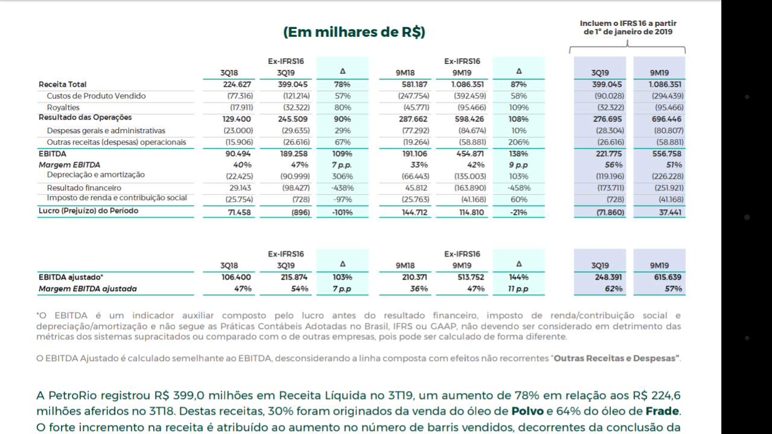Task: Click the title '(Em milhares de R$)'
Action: [354, 32]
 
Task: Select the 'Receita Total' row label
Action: [62, 84]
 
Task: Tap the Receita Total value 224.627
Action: [237, 84]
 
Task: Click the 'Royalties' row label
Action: [63, 107]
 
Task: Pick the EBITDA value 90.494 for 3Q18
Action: [238, 154]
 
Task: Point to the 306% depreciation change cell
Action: [342, 177]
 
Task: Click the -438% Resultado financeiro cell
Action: [342, 188]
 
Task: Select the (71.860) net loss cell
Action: [610, 213]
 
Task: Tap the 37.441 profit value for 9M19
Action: [670, 213]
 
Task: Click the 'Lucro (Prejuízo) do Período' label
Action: [88, 211]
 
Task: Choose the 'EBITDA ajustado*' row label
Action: [71, 277]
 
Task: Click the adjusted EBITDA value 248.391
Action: [609, 277]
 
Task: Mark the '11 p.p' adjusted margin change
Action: [518, 289]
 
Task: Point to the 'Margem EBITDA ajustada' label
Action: [87, 289]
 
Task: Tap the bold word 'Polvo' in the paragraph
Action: [527, 411]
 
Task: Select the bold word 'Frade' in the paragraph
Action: [662, 411]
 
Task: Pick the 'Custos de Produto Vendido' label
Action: [96, 96]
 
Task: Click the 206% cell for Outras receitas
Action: [519, 142]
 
